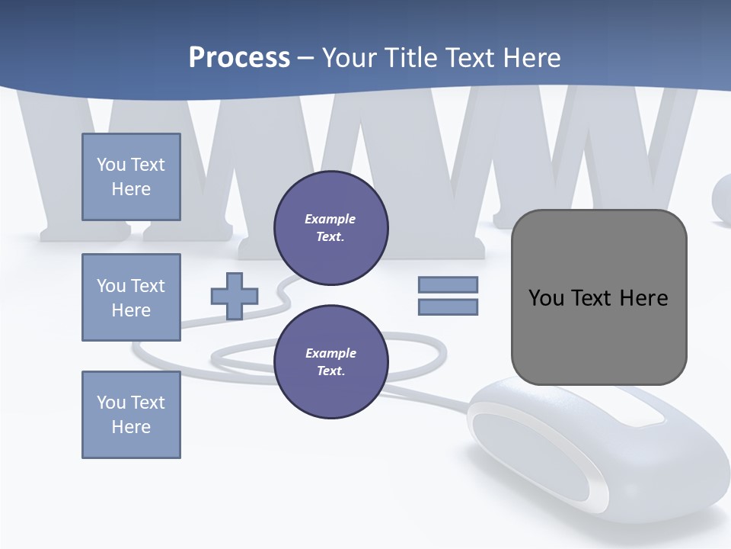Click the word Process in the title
pos(239,58)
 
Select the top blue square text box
pos(131,177)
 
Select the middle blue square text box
pos(131,297)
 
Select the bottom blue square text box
pos(131,415)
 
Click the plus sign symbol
pos(235,296)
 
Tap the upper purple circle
pos(330,228)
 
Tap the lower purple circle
pos(330,362)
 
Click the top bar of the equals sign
pos(448,284)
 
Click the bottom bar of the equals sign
pos(448,307)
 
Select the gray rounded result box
pos(599,335)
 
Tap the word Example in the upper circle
pos(330,219)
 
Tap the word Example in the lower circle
pos(330,353)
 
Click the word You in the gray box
pos(546,298)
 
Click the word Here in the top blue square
pos(131,189)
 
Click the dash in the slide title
pos(306,58)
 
